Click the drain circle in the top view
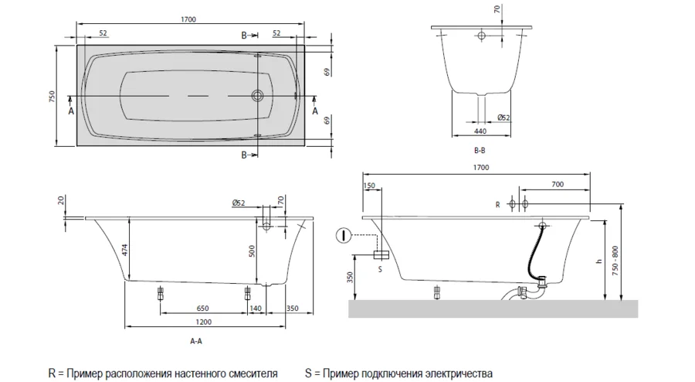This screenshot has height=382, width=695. pos(257,97)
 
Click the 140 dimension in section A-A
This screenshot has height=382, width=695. pos(257,309)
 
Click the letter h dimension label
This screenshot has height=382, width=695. pos(598,261)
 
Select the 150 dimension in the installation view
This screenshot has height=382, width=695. pos(368,185)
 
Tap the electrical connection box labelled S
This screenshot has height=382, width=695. pos(380,254)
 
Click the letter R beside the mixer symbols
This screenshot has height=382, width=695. pos(498,204)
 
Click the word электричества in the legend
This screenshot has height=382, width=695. pos(455,372)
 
